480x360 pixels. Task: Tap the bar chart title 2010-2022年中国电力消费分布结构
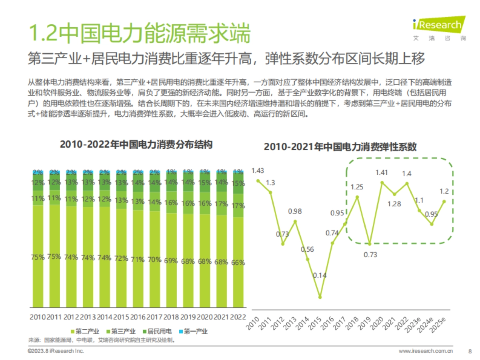pos(136,144)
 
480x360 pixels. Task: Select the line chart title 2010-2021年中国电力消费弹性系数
pos(340,147)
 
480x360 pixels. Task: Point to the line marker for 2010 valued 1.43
pos(258,181)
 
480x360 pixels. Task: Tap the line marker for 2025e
pos(444,202)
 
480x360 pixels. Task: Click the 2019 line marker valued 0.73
pos(370,243)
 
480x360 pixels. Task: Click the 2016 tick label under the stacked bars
pos(138,317)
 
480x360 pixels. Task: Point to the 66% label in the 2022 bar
pos(238,263)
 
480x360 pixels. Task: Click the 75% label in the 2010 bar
pos(38,257)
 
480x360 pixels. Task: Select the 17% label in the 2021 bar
pos(222,204)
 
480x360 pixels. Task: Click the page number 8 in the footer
pos(470,351)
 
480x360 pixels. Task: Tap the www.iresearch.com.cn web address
pos(426,351)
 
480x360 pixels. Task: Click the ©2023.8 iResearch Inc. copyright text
pos(56,351)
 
